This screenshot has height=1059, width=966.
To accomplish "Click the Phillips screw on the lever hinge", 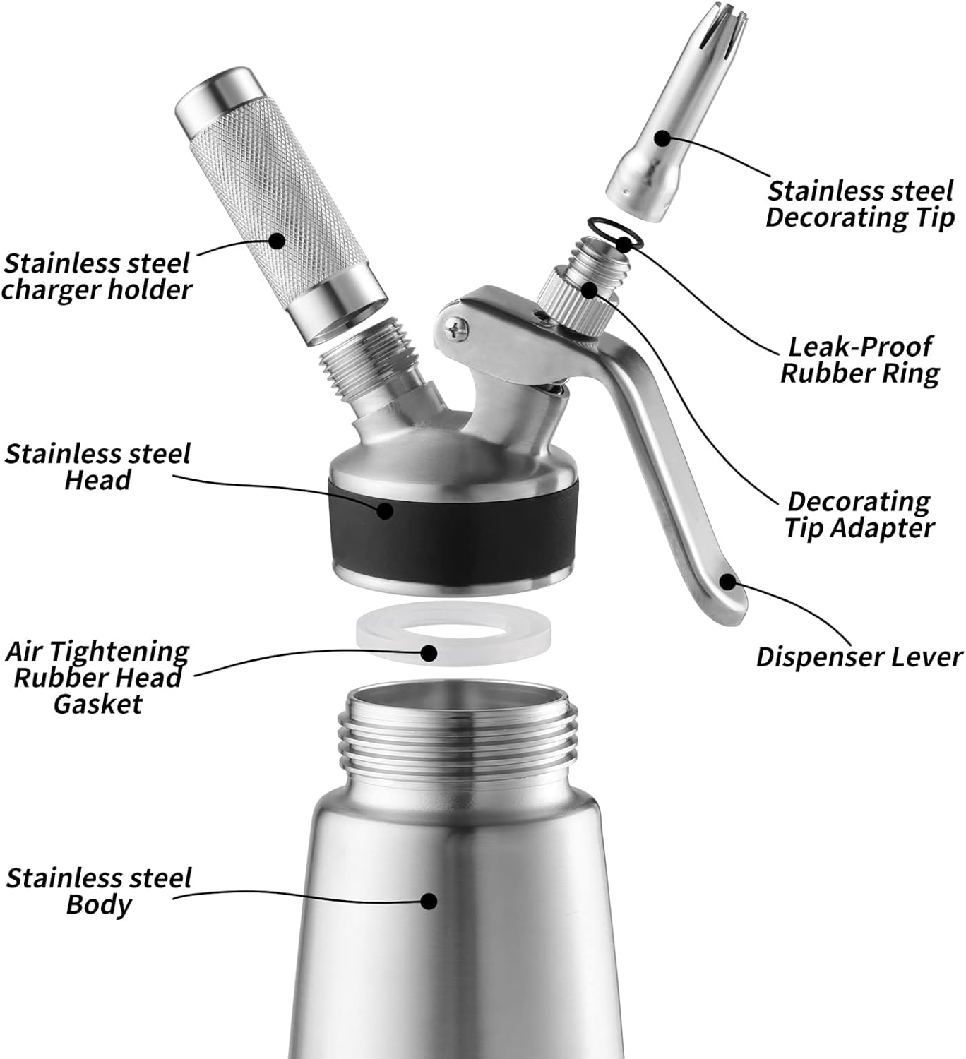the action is pos(456,330).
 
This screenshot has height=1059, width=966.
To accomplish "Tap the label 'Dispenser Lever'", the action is pos(859,657).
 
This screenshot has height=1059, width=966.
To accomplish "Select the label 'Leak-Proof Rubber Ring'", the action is pos(860,360).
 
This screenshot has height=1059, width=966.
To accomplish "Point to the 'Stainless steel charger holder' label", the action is pos(97,276).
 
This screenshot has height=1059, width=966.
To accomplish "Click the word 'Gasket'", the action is pos(98,705).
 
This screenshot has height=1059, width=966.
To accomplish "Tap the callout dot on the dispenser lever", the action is pos(729,582).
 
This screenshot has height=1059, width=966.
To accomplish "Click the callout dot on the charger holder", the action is pos(275,241).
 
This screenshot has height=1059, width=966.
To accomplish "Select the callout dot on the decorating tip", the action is pos(662,138).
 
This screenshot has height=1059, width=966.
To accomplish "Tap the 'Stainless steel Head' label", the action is pos(97,467).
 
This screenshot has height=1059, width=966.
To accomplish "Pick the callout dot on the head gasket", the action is pos(429,653).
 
